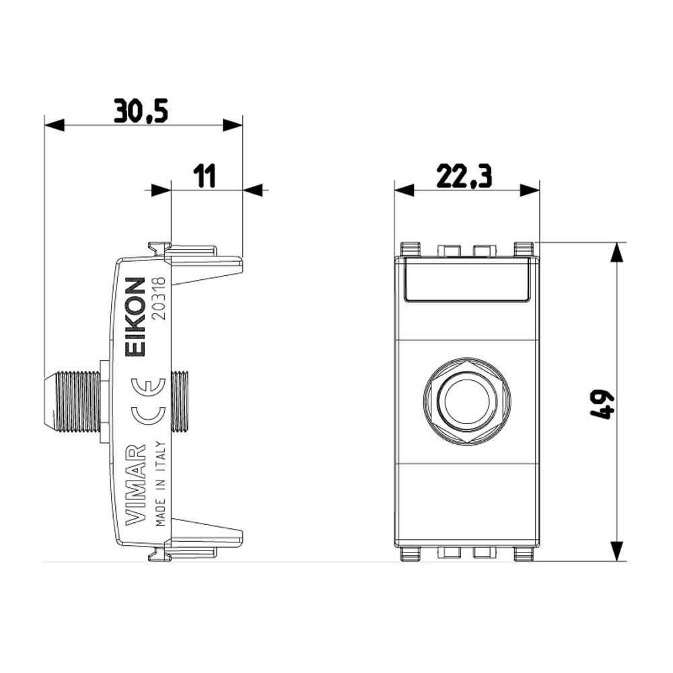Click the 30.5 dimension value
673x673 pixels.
coord(141,111)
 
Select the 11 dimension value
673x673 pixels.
coord(204,176)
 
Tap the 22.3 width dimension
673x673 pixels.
coord(464,176)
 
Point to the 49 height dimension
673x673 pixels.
coord(602,404)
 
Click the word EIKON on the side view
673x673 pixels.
coord(135,317)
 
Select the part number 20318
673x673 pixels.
coord(160,298)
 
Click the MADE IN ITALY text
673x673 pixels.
coord(161,484)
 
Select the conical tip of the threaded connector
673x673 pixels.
coord(50,402)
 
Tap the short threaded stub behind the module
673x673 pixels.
coord(180,402)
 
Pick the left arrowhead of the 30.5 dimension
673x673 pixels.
coord(55,125)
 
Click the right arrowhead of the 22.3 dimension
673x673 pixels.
coord(530,190)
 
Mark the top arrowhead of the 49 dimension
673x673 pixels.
coord(616,252)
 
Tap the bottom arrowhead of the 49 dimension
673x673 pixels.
coord(616,551)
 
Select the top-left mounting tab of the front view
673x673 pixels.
coord(411,250)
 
